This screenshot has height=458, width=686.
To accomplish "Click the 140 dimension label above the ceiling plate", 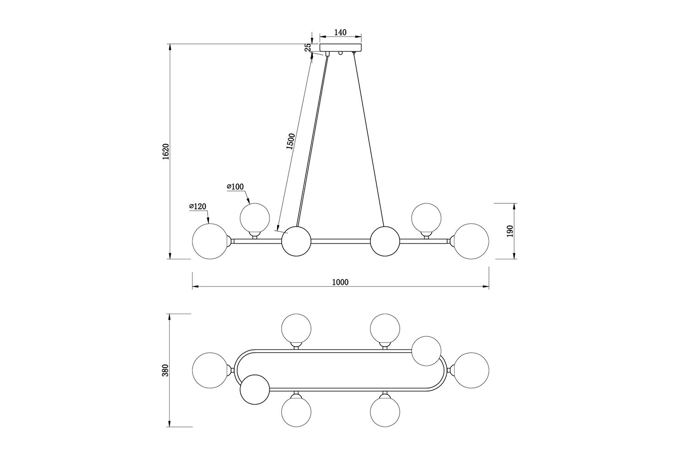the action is [340, 32].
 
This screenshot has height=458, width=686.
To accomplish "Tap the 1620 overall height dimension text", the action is [166, 152].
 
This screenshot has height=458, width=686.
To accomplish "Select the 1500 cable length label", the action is [290, 141].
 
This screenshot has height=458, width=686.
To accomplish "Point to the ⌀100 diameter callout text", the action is [235, 186].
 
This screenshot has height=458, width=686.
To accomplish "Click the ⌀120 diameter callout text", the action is [198, 207].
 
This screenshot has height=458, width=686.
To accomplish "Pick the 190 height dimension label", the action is [510, 231].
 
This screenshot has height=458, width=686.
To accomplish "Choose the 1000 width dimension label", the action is [340, 282].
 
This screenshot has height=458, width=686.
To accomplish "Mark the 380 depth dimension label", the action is [166, 370].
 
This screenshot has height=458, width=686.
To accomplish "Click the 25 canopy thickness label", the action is [308, 47].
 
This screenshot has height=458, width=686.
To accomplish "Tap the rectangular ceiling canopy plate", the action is [341, 48].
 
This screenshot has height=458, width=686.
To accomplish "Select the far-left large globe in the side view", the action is [210, 241].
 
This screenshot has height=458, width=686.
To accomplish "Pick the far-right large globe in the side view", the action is [471, 241].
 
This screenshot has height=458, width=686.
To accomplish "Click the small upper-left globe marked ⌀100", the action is [255, 218].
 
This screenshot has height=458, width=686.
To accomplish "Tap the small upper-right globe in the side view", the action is [426, 218].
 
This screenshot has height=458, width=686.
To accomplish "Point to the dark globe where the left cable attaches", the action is [296, 241].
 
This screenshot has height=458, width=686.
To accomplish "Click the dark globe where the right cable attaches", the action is [385, 241].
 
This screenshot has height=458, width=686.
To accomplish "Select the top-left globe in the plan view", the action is [296, 328].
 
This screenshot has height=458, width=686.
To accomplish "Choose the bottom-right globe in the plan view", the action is [385, 412].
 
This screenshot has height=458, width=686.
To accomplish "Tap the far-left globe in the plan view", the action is [210, 370].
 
